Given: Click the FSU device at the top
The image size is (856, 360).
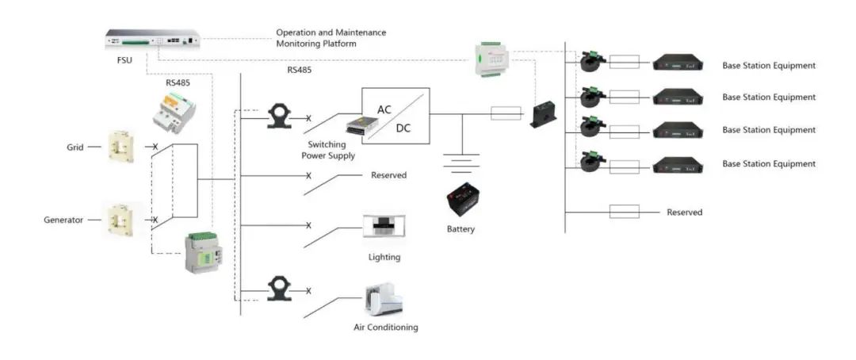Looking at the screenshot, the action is (153, 39).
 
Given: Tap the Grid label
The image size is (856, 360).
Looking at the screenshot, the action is (75, 147).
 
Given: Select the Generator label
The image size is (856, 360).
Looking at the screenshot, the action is (63, 220).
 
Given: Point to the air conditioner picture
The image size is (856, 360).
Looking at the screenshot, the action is (384, 301).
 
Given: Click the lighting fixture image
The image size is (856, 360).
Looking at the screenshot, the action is (384, 226).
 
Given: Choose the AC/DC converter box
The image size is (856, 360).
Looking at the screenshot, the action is (396, 116).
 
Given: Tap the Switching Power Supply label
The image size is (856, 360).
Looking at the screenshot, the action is (331, 150).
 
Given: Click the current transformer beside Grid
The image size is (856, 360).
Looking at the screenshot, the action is (120, 147).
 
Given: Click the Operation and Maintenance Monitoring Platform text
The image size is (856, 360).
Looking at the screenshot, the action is (331, 38).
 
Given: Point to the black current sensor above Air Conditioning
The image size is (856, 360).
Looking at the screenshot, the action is (279, 289).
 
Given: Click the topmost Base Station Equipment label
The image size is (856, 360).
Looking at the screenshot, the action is (769, 66).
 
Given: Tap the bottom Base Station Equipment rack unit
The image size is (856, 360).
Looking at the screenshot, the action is (678, 165).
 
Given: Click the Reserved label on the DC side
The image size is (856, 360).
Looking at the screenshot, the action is (685, 212).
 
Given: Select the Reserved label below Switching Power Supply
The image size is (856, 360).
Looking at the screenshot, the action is (388, 175).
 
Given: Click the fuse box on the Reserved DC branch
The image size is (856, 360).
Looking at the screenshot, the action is (624, 212).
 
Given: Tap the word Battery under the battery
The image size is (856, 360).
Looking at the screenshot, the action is (460, 229).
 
